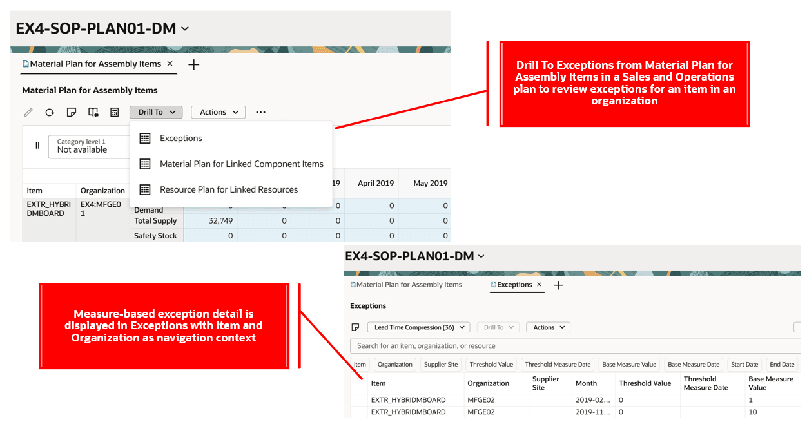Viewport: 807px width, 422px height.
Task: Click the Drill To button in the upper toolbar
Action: point(156,112)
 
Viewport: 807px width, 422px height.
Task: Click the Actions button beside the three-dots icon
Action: point(219,112)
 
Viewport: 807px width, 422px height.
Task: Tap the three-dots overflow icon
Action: point(261,112)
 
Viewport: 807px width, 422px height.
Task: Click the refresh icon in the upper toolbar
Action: point(50,112)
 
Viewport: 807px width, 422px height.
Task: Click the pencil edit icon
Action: point(28,112)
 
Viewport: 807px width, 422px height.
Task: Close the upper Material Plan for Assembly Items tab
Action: point(170,64)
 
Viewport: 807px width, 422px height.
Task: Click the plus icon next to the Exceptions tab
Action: point(558,285)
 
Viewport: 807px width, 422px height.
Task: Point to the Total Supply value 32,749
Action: point(221,221)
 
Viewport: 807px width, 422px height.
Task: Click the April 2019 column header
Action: point(376,183)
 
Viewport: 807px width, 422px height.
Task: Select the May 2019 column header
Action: point(431,183)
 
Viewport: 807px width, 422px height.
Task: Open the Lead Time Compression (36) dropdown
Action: point(418,327)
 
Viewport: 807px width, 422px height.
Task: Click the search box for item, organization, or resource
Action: point(575,346)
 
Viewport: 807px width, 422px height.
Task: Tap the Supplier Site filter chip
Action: point(441,365)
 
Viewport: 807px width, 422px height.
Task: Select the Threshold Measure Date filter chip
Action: point(558,365)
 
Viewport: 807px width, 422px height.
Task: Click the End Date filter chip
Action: point(782,365)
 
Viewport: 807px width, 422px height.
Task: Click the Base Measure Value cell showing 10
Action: point(753,412)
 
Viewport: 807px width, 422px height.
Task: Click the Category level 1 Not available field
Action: point(89,146)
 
